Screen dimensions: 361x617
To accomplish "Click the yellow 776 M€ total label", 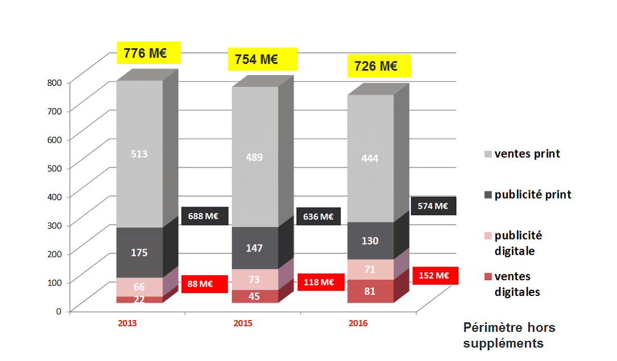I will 148,54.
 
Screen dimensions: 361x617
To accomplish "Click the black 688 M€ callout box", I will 205,216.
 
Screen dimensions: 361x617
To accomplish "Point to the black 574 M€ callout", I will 433,206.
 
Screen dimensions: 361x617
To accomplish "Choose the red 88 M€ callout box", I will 199,284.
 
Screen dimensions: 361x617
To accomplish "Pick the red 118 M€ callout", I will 320,282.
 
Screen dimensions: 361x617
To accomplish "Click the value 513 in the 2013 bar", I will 139,153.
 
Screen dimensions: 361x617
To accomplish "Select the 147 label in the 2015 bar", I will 255,248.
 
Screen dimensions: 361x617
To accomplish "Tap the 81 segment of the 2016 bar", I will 370,291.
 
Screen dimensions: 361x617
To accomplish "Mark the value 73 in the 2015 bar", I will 255,279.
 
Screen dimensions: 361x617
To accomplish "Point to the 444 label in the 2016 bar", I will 370,158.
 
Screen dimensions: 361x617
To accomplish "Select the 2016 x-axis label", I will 358,323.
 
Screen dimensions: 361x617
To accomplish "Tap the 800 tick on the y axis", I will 55,82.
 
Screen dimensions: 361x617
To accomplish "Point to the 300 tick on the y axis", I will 55,225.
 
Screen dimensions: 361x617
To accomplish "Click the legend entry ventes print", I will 527,154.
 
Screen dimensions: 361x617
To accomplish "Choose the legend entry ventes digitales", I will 517,284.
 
